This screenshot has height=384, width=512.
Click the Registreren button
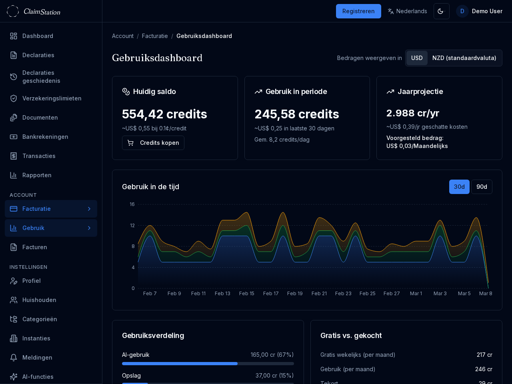point(358,11)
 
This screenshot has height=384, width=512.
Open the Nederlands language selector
point(407,11)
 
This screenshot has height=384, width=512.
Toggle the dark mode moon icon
point(441,11)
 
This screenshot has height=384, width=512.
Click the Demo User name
point(487,11)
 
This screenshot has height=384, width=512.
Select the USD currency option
point(417,58)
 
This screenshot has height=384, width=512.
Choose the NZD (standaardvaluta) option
point(464,58)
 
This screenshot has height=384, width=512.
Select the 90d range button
point(482,187)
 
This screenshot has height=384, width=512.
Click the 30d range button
point(459,187)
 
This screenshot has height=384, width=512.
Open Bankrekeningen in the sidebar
point(45,137)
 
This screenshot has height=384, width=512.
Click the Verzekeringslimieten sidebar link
point(52,98)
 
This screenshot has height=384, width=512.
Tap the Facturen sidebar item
point(35,247)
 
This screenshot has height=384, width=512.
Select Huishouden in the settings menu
point(39,300)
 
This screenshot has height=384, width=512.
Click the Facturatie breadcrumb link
point(155,36)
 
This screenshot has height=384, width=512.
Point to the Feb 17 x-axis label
point(271,294)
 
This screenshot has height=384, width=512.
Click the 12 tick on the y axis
point(132,226)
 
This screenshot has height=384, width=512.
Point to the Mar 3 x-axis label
point(440,294)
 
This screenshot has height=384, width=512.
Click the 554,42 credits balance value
point(164,114)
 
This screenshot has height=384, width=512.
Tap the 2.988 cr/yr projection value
point(413,113)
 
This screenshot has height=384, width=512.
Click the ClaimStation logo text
point(42,12)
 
